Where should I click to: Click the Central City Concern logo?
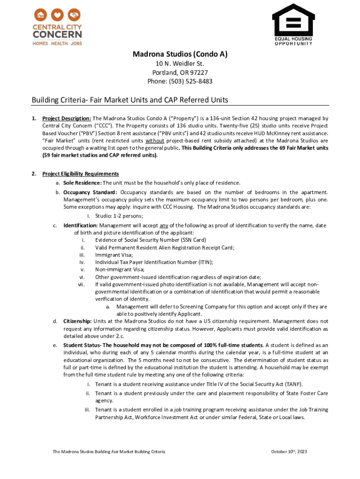point(57,27)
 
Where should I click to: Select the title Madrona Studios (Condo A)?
point(180,54)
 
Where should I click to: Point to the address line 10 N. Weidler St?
point(180,64)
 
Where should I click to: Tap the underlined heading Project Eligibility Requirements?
point(80,174)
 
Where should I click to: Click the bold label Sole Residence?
point(82,183)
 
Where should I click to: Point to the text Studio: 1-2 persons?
point(119,216)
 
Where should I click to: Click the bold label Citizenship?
point(78,321)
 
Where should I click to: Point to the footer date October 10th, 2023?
point(289,452)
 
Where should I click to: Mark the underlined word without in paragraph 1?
point(154,140)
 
